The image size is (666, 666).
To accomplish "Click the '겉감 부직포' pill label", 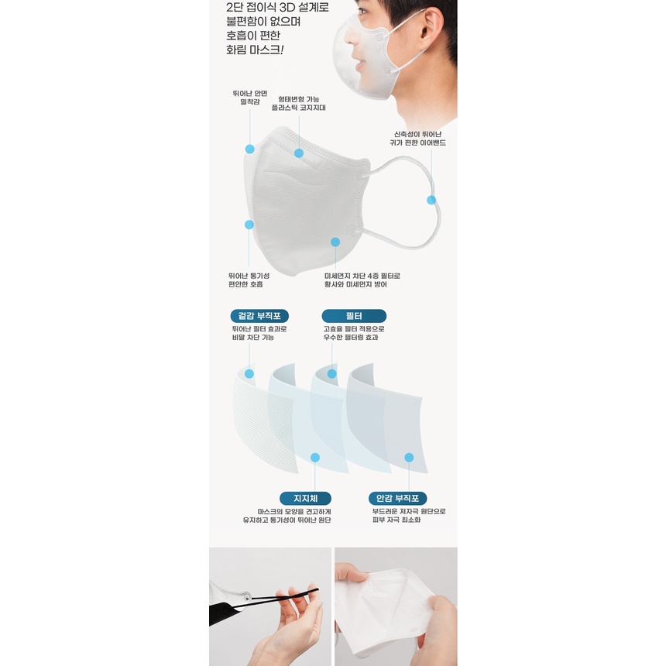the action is pyautogui.click(x=259, y=316).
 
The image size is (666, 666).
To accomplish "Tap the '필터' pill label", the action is pyautogui.click(x=354, y=316).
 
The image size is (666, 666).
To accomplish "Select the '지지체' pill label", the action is pyautogui.click(x=305, y=498).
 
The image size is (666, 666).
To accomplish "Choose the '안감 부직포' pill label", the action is pyautogui.click(x=397, y=498).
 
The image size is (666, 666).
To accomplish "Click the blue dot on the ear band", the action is pyautogui.click(x=431, y=200).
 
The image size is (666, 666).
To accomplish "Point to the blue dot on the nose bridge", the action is pyautogui.click(x=299, y=153).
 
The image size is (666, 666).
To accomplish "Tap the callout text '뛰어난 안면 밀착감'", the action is pyautogui.click(x=249, y=98).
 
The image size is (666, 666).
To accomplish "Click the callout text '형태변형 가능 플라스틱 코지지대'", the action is pyautogui.click(x=299, y=104).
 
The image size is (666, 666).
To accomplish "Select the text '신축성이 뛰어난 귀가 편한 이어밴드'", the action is pyautogui.click(x=418, y=139).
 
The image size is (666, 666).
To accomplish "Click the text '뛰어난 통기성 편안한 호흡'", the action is pyautogui.click(x=249, y=280).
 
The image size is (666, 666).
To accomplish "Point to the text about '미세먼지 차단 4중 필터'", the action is pyautogui.click(x=362, y=280).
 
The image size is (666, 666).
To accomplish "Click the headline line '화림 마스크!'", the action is pyautogui.click(x=255, y=50).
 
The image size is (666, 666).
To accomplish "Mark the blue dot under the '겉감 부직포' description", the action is pyautogui.click(x=249, y=374).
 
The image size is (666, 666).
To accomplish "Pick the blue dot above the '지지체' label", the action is pyautogui.click(x=315, y=458).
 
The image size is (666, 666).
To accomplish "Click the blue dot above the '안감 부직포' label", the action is pyautogui.click(x=409, y=458).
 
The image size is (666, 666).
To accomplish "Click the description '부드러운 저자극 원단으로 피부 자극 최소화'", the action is pyautogui.click(x=409, y=516).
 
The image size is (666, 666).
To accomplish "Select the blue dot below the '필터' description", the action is pyautogui.click(x=332, y=374).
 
